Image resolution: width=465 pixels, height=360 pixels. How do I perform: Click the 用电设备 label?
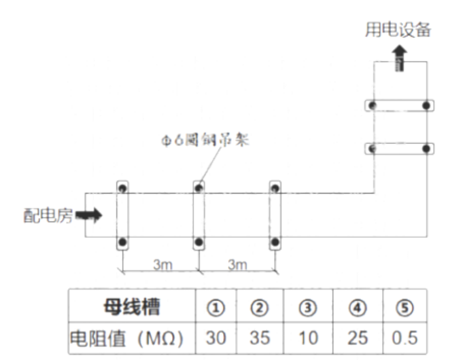[398, 31]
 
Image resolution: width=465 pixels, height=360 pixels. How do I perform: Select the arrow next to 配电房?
[89, 215]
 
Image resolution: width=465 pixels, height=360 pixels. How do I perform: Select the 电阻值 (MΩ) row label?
[131, 337]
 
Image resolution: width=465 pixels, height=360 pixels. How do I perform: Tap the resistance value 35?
[260, 337]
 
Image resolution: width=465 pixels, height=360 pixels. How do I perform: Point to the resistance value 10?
[307, 337]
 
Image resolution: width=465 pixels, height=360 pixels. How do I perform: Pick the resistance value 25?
[357, 337]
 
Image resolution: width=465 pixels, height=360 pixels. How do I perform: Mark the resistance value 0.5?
[404, 337]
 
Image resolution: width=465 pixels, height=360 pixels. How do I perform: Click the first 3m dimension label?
[162, 264]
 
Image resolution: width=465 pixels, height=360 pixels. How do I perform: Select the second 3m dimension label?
[237, 264]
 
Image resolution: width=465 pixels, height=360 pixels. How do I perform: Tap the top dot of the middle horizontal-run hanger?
[199, 186]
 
